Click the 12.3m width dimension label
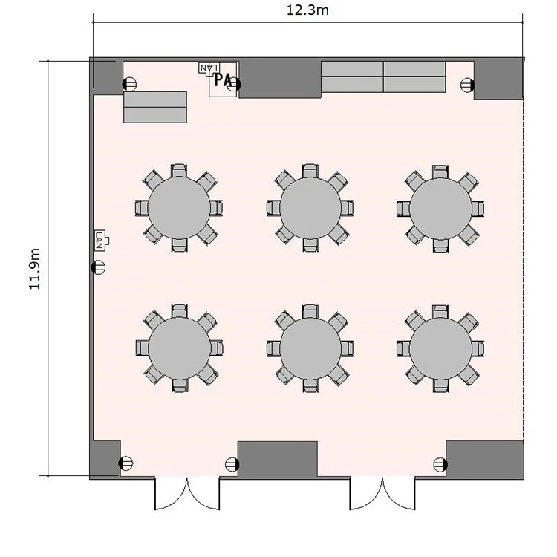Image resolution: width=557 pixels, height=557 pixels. pyautogui.click(x=307, y=10)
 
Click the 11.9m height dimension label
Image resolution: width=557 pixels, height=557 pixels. pyautogui.click(x=34, y=269)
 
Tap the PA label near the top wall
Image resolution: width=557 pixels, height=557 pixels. pyautogui.click(x=223, y=80)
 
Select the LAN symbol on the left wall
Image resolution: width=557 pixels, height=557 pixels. pyautogui.click(x=102, y=241)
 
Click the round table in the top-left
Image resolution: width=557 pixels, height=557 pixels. pyautogui.click(x=179, y=208)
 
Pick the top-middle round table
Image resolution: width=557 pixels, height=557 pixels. pyautogui.click(x=310, y=208)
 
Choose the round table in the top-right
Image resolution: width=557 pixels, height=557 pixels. pyautogui.click(x=440, y=209)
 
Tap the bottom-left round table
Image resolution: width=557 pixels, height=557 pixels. pyautogui.click(x=180, y=348)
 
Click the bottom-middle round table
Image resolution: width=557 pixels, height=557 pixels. pyautogui.click(x=310, y=348)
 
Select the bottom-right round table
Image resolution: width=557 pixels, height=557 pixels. pyautogui.click(x=440, y=349)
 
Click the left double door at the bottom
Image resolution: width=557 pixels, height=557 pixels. pyautogui.click(x=187, y=494)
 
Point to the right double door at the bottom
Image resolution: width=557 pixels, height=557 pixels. pyautogui.click(x=382, y=494)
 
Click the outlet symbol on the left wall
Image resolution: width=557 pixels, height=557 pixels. pyautogui.click(x=98, y=267)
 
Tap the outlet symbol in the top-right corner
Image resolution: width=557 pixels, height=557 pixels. pyautogui.click(x=467, y=85)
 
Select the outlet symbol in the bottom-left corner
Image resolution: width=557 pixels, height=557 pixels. pyautogui.click(x=126, y=463)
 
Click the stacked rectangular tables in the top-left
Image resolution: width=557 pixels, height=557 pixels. pyautogui.click(x=155, y=107)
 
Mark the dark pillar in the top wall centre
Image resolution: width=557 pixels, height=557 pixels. pyautogui.click(x=279, y=79)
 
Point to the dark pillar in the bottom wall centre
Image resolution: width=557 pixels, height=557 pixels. pyautogui.click(x=278, y=459)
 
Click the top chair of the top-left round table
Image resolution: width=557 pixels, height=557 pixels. pyautogui.click(x=179, y=171)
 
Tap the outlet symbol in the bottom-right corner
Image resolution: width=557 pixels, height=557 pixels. pyautogui.click(x=440, y=464)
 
